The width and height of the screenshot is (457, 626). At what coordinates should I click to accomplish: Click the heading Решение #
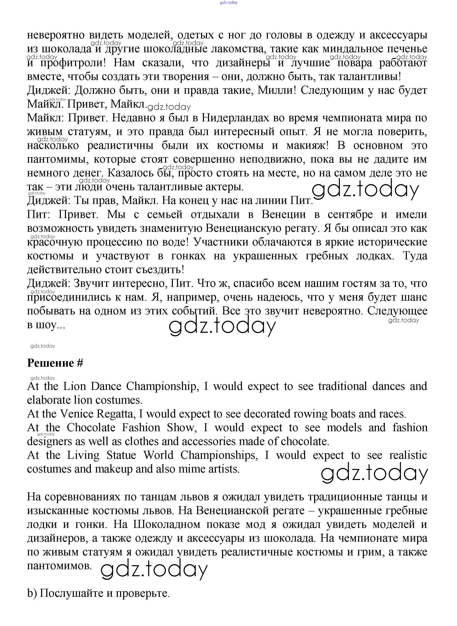point(55,363)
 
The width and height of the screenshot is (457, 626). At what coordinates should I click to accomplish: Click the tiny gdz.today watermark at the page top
point(229,2)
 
